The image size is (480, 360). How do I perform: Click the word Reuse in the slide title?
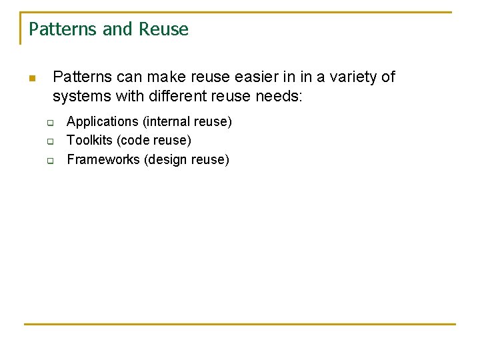(x=164, y=29)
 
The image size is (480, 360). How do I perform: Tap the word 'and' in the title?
(x=121, y=29)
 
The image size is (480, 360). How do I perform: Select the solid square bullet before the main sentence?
(x=31, y=79)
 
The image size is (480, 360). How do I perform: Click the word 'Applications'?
(x=102, y=122)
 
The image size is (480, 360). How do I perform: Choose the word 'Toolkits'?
(x=89, y=141)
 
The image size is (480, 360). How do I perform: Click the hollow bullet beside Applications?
(x=49, y=123)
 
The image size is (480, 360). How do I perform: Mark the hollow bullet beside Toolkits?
(x=49, y=141)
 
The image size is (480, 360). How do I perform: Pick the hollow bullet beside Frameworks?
(x=49, y=160)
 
